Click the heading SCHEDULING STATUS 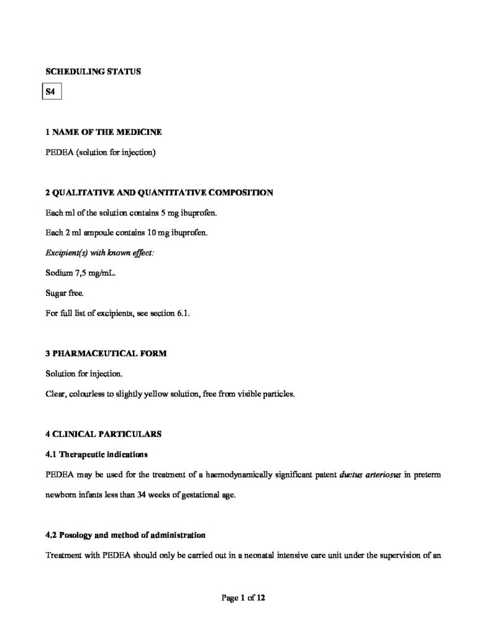pyautogui.click(x=93, y=71)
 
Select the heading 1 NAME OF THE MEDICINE pyautogui.click(x=104, y=132)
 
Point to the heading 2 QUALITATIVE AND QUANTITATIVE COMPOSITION pyautogui.click(x=159, y=193)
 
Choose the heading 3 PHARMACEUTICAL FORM pyautogui.click(x=106, y=354)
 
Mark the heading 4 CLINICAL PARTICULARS pyautogui.click(x=103, y=434)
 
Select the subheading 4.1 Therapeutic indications pyautogui.click(x=97, y=454)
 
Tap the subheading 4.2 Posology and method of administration pyautogui.click(x=126, y=534)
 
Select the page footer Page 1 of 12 pyautogui.click(x=243, y=598)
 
